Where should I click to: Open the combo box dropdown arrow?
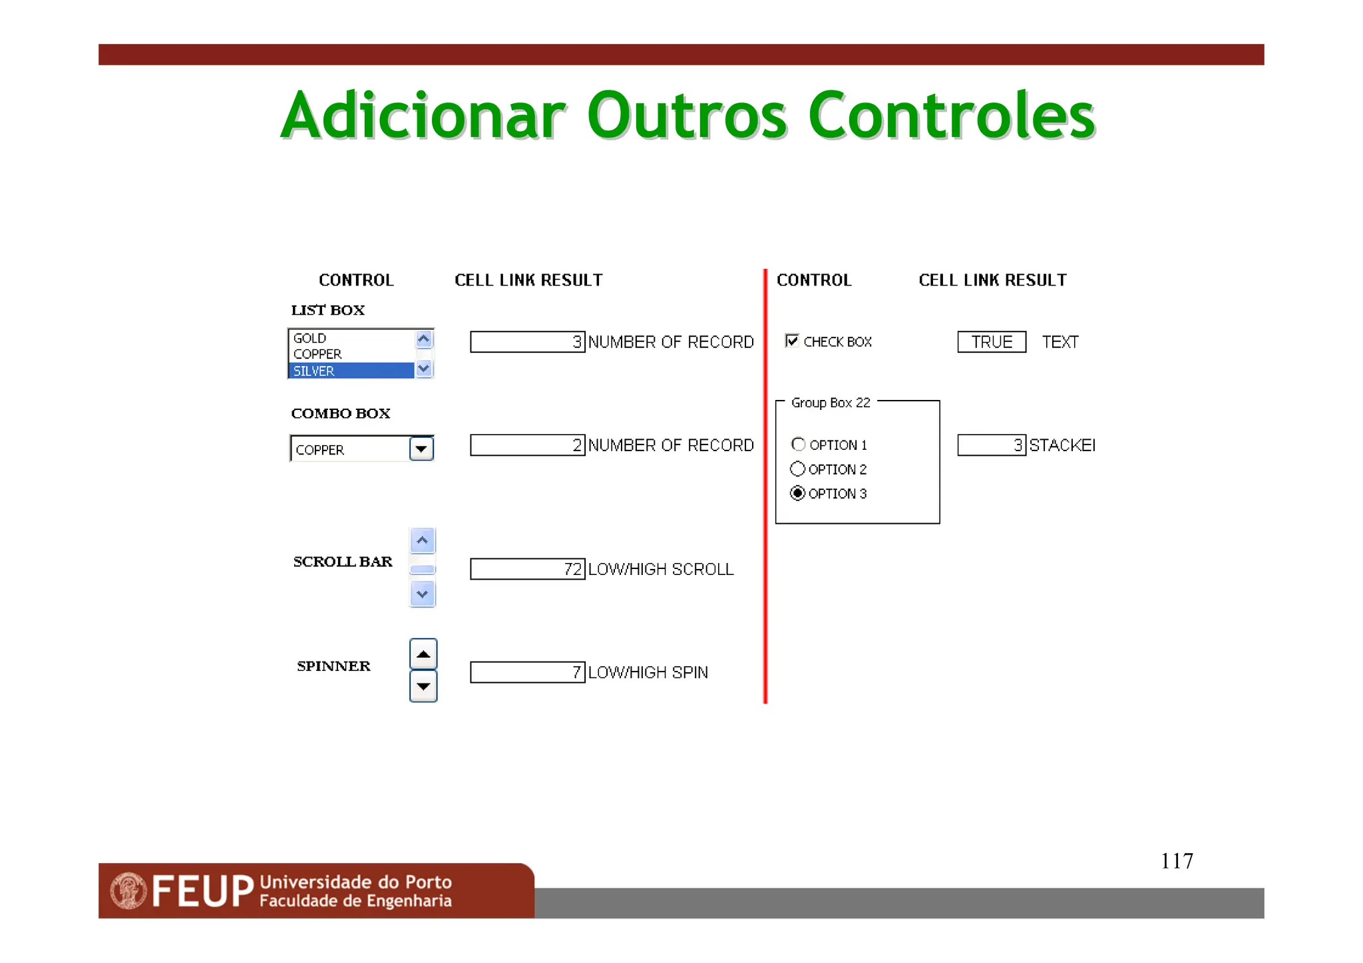tap(421, 449)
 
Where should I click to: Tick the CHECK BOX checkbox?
tap(792, 341)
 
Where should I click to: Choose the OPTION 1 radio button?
tap(799, 444)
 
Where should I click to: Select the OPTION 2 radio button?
tap(797, 469)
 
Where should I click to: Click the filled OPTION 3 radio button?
tap(797, 493)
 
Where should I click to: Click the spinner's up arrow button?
tap(423, 654)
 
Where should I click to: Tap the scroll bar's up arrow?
tap(423, 540)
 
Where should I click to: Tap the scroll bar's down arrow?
tap(423, 594)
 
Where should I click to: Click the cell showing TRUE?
tap(992, 342)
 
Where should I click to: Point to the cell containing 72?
tap(527, 569)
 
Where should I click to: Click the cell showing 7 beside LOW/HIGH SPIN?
tap(527, 672)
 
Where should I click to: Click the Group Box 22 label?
tap(831, 403)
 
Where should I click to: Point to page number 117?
tap(1177, 861)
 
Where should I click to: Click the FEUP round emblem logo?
tap(128, 890)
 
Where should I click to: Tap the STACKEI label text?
tap(1062, 445)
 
